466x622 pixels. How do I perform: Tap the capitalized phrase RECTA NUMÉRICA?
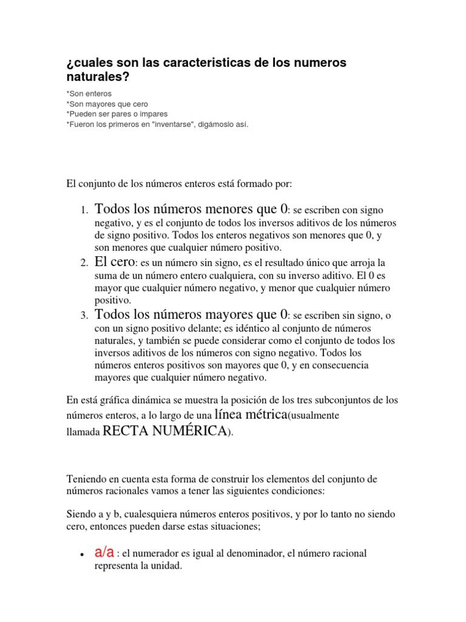click(164, 431)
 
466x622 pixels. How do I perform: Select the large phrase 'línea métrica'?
click(250, 415)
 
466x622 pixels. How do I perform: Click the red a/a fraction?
click(104, 552)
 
